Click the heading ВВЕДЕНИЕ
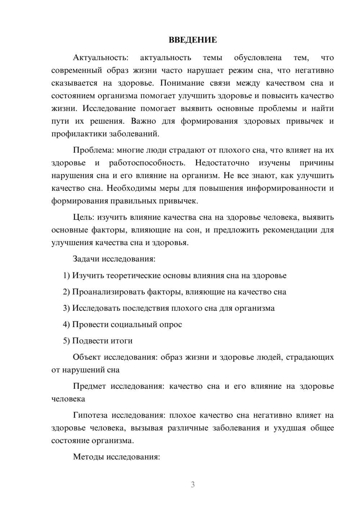point(193,40)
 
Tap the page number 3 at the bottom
point(193,485)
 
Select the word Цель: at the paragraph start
point(84,217)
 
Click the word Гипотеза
point(90,415)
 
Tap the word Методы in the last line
point(86,457)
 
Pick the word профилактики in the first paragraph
point(74,134)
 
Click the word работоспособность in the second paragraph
point(147,163)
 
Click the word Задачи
point(86,259)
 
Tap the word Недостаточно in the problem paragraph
point(222,163)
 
